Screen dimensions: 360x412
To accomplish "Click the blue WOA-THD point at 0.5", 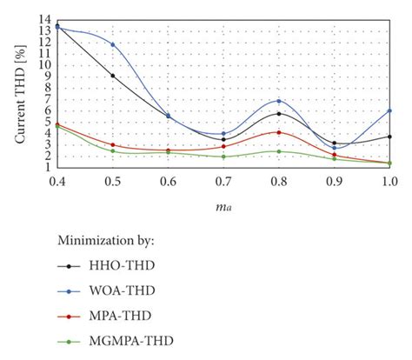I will (112, 44).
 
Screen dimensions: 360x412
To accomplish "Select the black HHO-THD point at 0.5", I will (112, 76).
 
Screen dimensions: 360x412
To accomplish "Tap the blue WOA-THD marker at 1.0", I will (389, 111).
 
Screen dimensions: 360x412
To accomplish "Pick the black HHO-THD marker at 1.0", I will (389, 137).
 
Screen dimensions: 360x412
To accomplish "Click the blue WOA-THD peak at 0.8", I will (279, 101).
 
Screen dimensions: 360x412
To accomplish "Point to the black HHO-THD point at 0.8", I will (279, 114).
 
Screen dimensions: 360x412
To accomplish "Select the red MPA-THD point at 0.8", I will (279, 132).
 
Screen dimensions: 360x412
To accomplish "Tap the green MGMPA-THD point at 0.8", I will (279, 151).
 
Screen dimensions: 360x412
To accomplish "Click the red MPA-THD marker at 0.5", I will (112, 144).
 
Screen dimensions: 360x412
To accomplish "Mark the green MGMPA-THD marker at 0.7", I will (223, 157).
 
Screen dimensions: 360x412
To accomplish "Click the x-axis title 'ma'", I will (223, 206).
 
